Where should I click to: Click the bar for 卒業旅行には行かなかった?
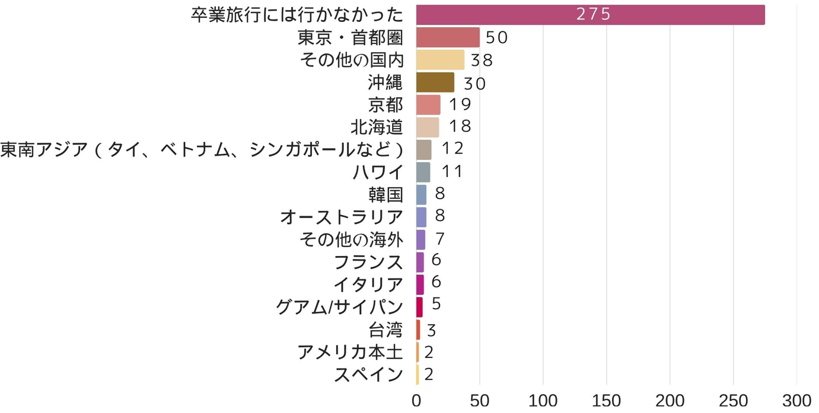(x=590, y=15)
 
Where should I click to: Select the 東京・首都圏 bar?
(x=448, y=37)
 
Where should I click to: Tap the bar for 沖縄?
(x=435, y=82)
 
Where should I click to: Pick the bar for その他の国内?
(x=440, y=60)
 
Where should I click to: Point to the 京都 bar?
(x=428, y=105)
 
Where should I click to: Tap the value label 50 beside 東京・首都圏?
(x=496, y=38)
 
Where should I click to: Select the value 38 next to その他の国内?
(x=482, y=60)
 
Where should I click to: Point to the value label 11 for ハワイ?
(x=451, y=172)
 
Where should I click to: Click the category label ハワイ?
(x=378, y=172)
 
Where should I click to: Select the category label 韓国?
(x=385, y=194)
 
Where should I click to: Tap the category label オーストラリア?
(x=342, y=217)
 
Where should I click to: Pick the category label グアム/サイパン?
(x=340, y=307)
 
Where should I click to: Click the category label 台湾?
(x=385, y=329)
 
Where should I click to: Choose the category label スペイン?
(x=368, y=374)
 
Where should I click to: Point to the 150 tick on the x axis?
(x=606, y=401)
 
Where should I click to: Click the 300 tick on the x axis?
(x=796, y=401)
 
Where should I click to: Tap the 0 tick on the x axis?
(x=416, y=401)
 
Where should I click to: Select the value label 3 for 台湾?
(x=431, y=330)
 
